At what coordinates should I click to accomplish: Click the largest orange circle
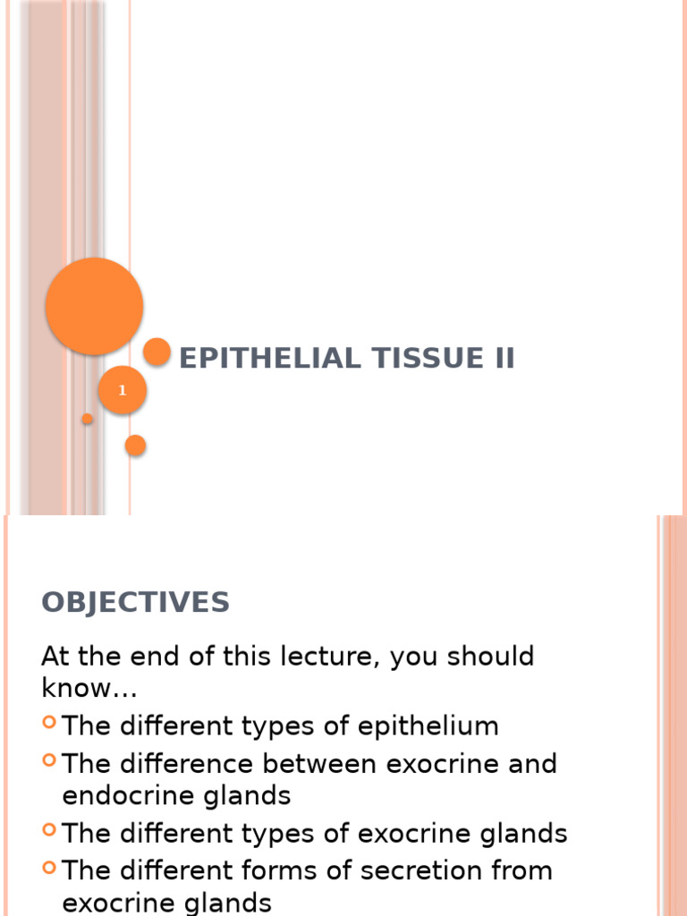[94, 306]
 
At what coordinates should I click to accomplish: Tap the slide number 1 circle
[123, 391]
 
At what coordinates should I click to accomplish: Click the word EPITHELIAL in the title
[258, 359]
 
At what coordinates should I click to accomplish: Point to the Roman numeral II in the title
[500, 359]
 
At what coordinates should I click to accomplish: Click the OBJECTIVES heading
[135, 603]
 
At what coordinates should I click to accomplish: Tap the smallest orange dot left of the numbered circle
[87, 419]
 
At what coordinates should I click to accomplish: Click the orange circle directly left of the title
[157, 352]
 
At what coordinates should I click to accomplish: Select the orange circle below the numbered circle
[135, 445]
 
